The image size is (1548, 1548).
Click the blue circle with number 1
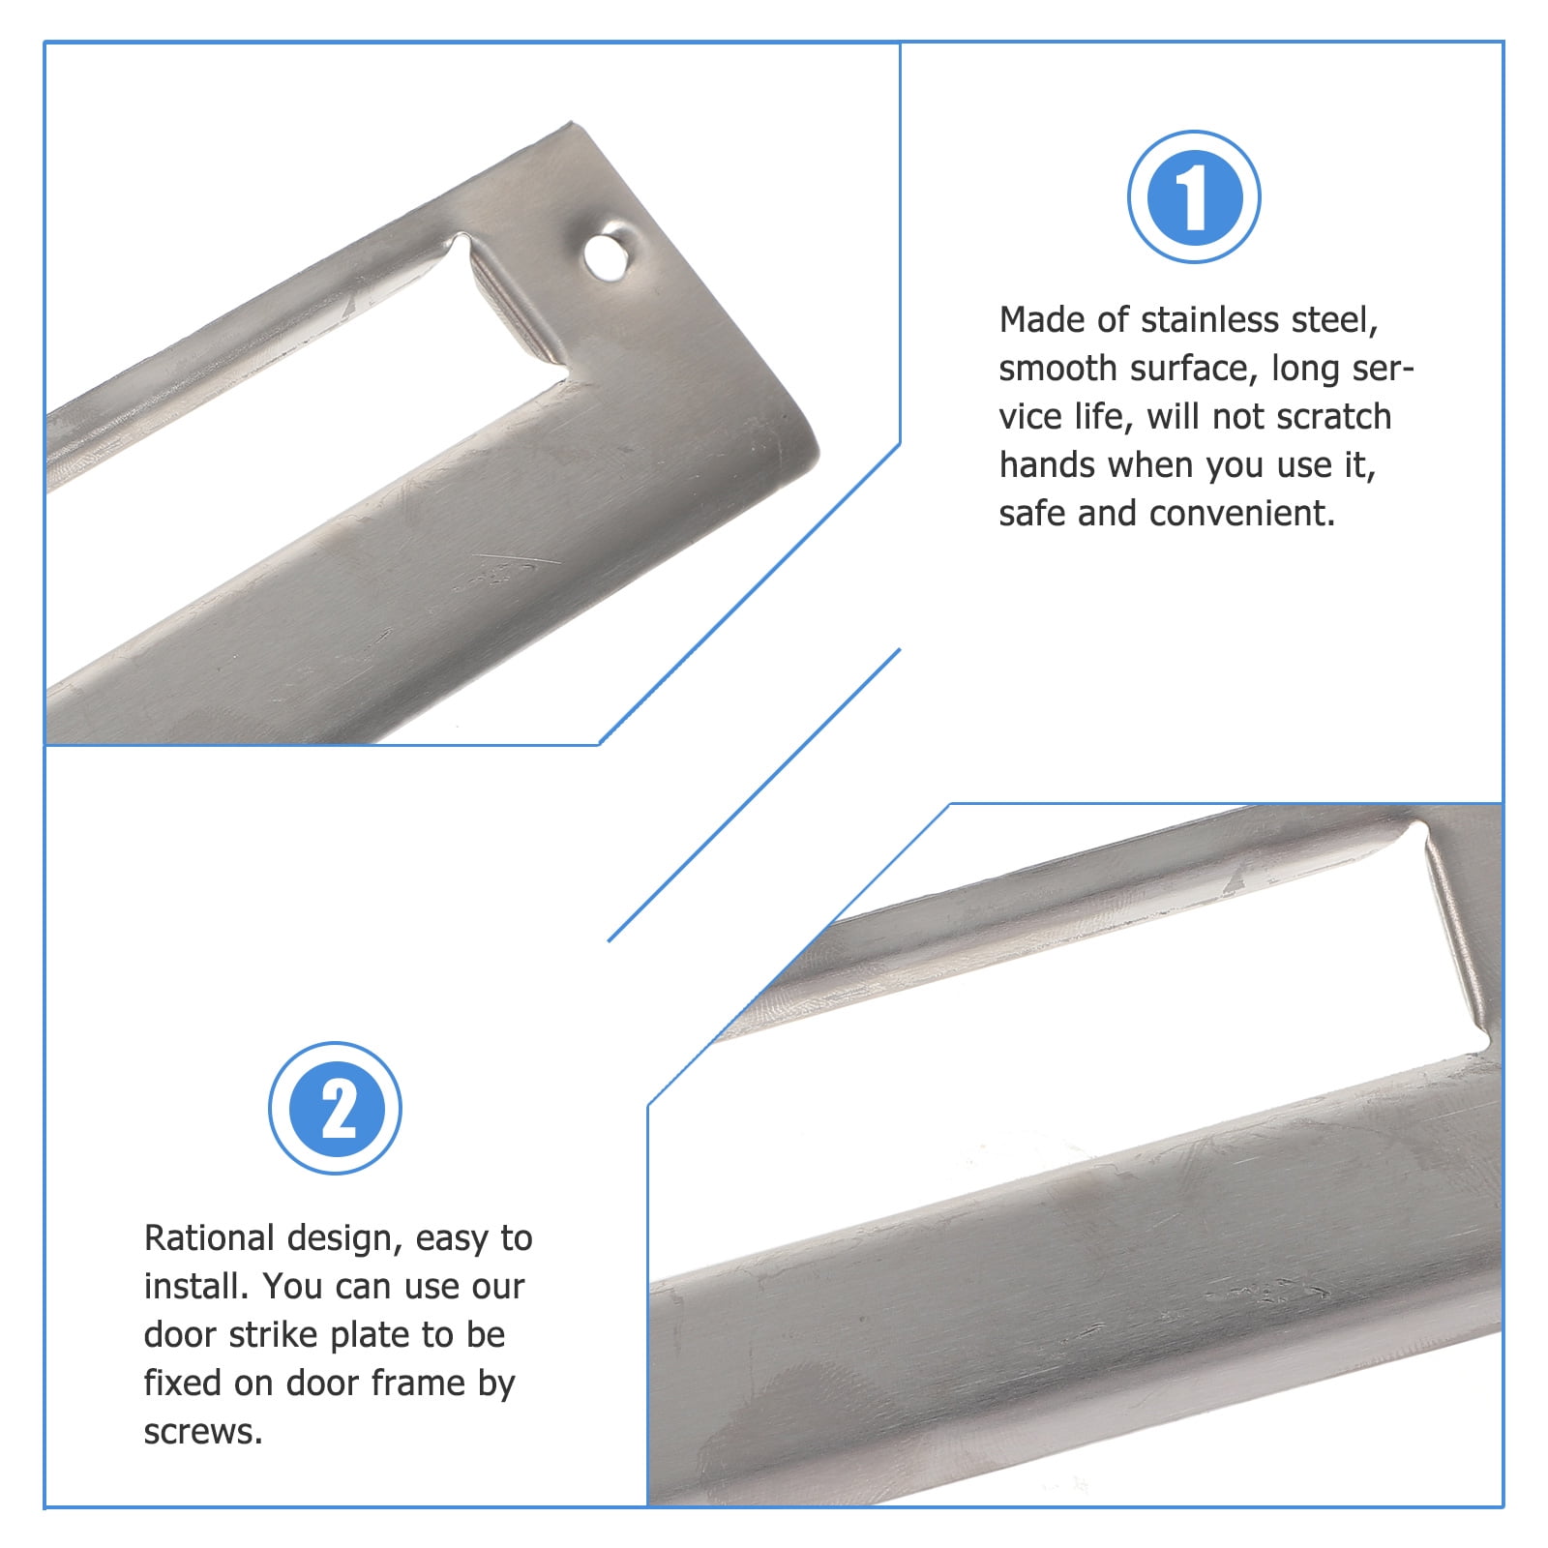tap(1194, 196)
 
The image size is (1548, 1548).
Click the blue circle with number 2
tap(335, 1108)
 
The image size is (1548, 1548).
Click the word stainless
tap(1209, 320)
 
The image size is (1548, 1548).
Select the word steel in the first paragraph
tap(1333, 320)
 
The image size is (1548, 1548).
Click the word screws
tap(202, 1433)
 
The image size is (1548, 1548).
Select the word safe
tap(1031, 514)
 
